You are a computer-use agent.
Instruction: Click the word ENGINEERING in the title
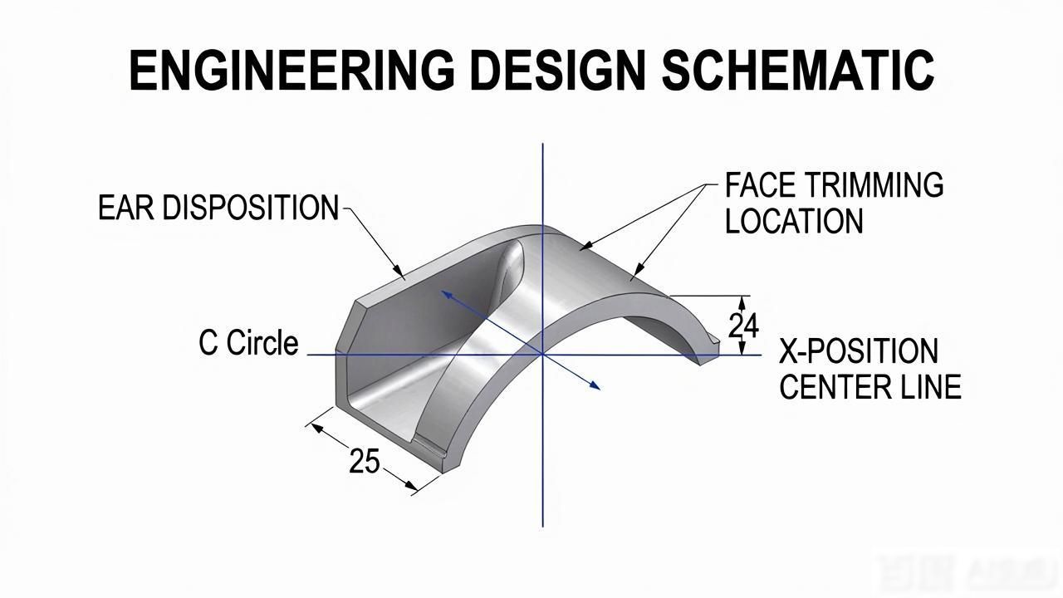pyautogui.click(x=291, y=71)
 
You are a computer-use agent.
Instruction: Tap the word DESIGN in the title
pyautogui.click(x=557, y=71)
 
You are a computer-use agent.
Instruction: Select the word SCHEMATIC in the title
pyautogui.click(x=798, y=71)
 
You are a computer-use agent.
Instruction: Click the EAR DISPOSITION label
pyautogui.click(x=218, y=208)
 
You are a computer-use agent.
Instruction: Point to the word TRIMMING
pyautogui.click(x=874, y=184)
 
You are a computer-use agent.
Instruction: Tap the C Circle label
pyautogui.click(x=248, y=343)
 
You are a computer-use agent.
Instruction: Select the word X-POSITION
pyautogui.click(x=859, y=351)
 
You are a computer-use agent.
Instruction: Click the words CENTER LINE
pyautogui.click(x=870, y=387)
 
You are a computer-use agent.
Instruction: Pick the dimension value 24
pyautogui.click(x=743, y=326)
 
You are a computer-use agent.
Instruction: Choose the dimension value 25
pyautogui.click(x=365, y=460)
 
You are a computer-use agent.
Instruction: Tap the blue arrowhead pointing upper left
pyautogui.click(x=447, y=295)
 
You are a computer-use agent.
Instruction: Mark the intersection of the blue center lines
pyautogui.click(x=543, y=355)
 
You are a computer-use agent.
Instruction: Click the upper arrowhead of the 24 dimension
pyautogui.click(x=743, y=302)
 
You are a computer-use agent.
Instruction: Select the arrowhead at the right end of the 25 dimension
pyautogui.click(x=411, y=486)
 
